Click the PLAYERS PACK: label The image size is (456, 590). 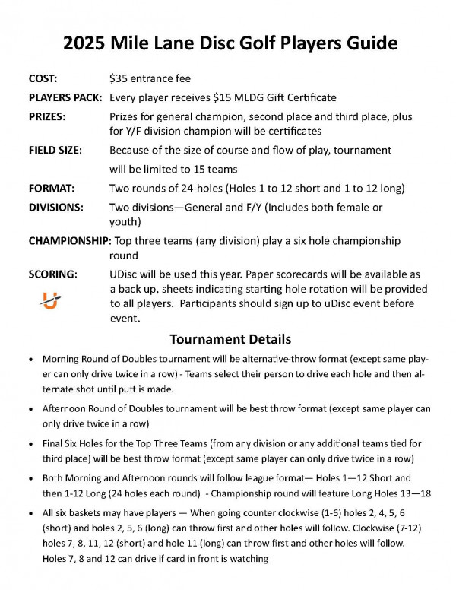(66, 98)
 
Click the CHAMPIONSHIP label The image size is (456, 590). (69, 240)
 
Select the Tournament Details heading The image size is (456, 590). (229, 338)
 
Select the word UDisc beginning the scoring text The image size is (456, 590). (125, 274)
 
